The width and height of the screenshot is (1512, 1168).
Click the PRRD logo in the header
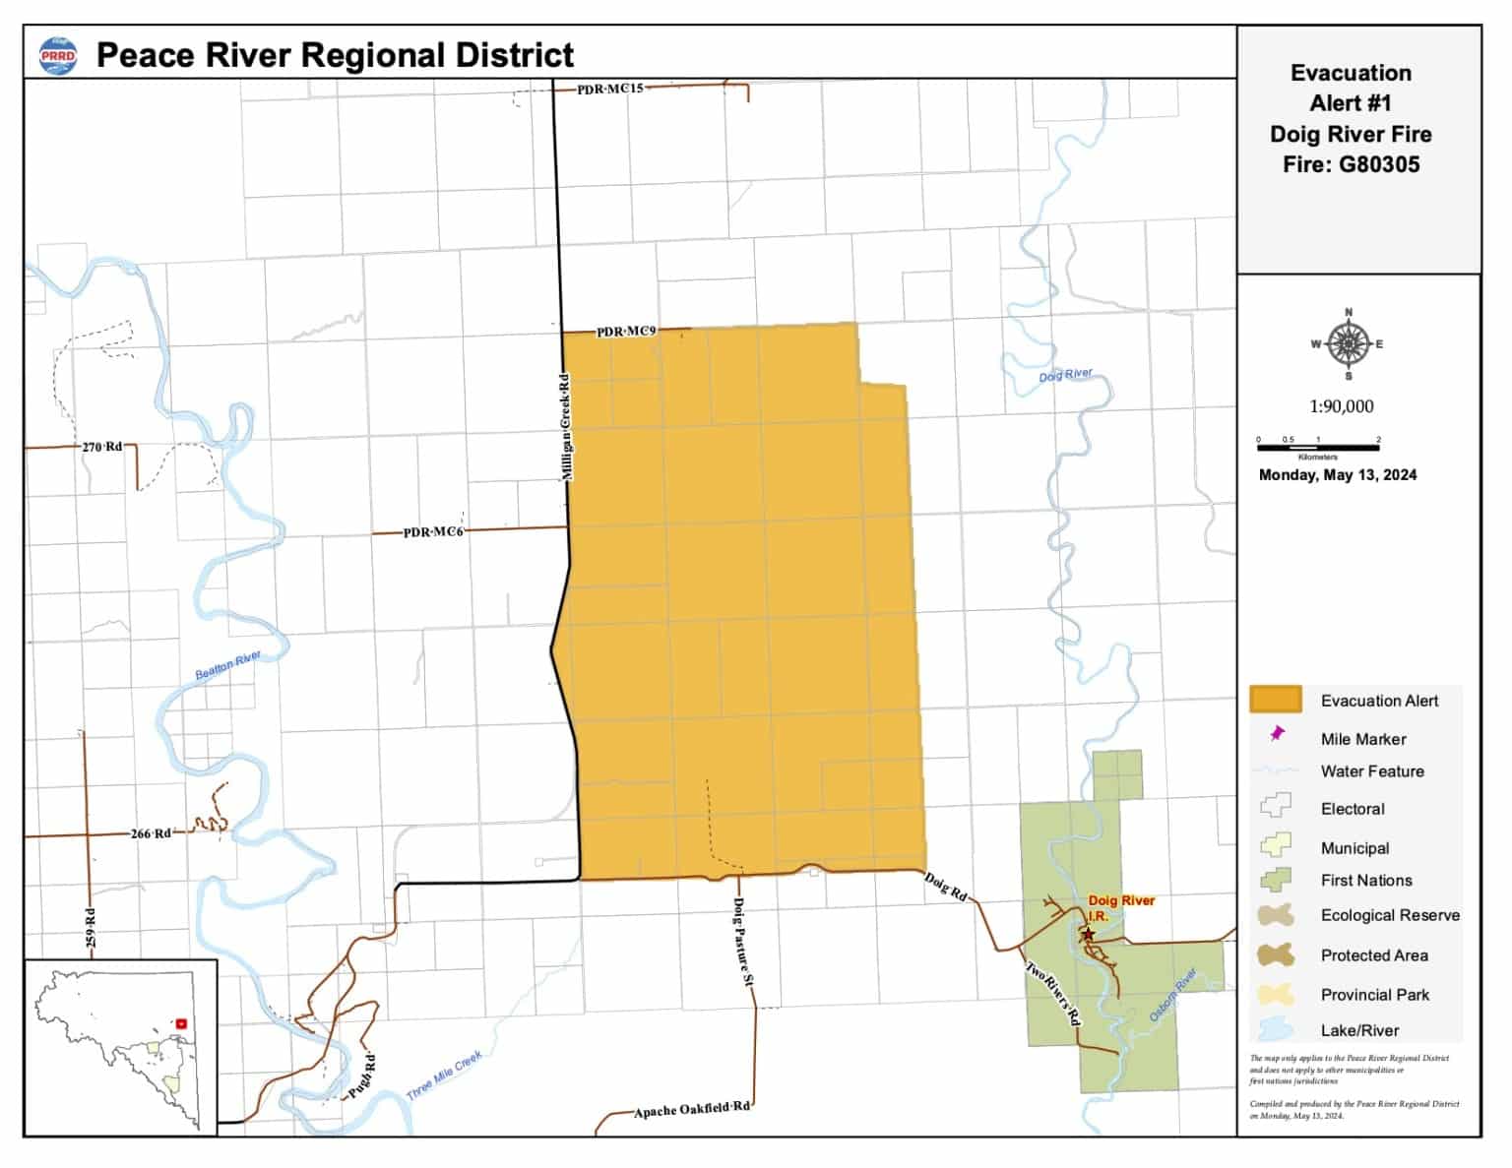pyautogui.click(x=58, y=55)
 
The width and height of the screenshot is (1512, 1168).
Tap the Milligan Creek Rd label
pyautogui.click(x=565, y=426)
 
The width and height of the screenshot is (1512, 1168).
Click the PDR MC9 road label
pyautogui.click(x=626, y=332)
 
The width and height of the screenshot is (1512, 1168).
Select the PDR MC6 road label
pyautogui.click(x=433, y=532)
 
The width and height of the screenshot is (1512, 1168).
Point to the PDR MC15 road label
pyautogui.click(x=610, y=89)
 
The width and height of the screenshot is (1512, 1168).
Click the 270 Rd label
pyautogui.click(x=102, y=447)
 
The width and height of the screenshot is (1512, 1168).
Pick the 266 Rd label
pyautogui.click(x=151, y=833)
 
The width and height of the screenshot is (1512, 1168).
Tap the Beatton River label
pyautogui.click(x=227, y=664)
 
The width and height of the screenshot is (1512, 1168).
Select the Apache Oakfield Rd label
pyautogui.click(x=692, y=1109)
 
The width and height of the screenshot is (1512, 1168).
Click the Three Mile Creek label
pyautogui.click(x=445, y=1076)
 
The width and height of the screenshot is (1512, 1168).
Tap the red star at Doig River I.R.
pyautogui.click(x=1089, y=934)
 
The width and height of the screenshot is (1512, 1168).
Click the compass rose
pyautogui.click(x=1348, y=344)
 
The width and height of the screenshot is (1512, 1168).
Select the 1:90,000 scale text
pyautogui.click(x=1341, y=406)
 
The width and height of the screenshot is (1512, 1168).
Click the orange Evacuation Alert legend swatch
pyautogui.click(x=1276, y=700)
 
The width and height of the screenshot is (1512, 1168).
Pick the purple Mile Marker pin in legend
pyautogui.click(x=1278, y=734)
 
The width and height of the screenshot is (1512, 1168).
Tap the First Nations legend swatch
pyautogui.click(x=1276, y=879)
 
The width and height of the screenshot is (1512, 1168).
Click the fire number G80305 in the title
pyautogui.click(x=1379, y=164)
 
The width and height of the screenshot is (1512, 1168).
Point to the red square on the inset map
pyautogui.click(x=181, y=1023)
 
